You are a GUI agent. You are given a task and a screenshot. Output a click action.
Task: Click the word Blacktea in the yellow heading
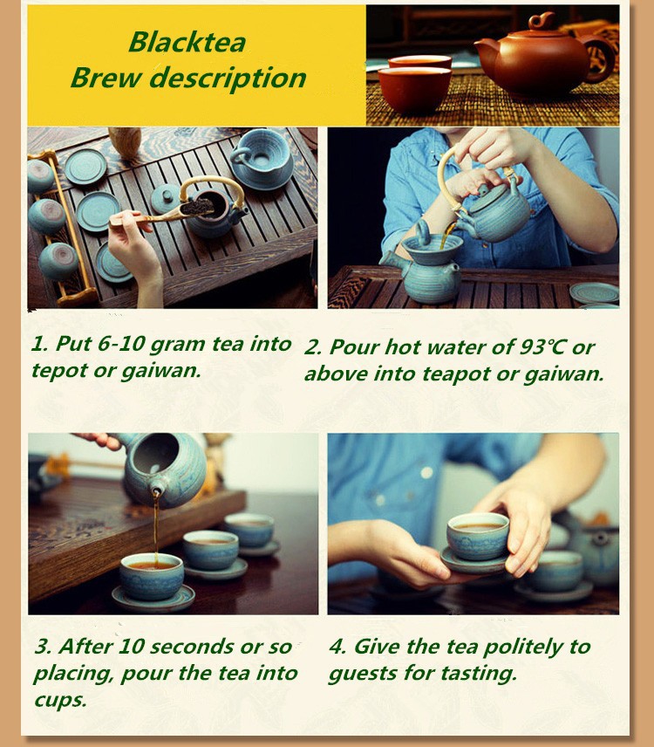tap(187, 42)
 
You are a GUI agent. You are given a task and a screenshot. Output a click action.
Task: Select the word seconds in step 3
tap(193, 647)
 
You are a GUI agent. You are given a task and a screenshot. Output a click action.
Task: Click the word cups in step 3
tap(60, 700)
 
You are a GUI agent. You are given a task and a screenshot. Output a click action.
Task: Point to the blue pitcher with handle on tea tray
tap(261, 159)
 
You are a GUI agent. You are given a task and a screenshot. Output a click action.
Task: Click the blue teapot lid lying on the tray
tap(165, 199)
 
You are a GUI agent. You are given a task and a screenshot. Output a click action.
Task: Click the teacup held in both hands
tap(477, 536)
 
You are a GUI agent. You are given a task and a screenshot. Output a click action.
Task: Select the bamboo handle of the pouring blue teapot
tap(457, 176)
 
